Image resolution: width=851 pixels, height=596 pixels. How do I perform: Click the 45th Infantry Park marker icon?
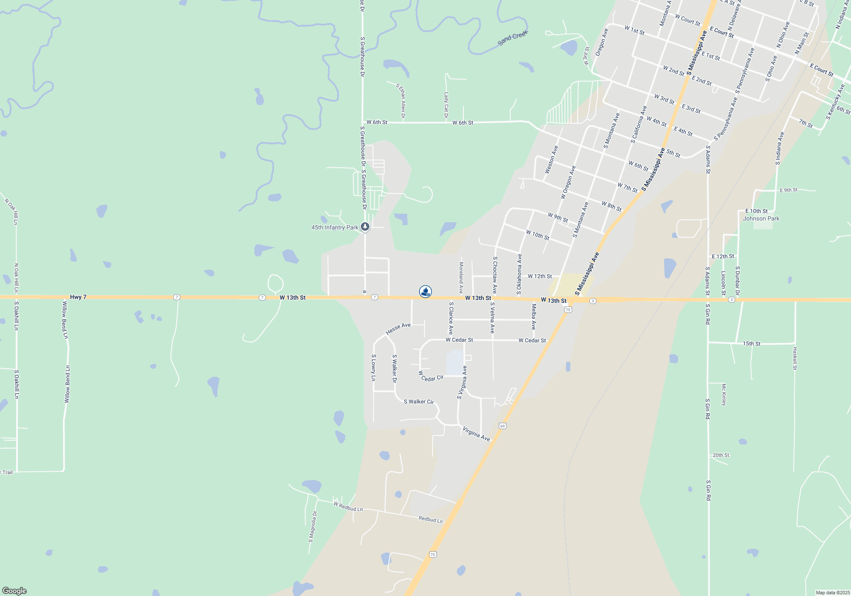pos(365,227)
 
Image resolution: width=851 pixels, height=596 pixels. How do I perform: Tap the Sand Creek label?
pos(513,38)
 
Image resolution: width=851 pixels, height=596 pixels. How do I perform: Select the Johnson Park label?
pos(761,218)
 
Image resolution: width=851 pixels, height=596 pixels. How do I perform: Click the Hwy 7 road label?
pos(78,297)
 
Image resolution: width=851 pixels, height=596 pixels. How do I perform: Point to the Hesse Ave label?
pos(398,328)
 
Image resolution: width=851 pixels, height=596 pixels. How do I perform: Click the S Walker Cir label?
pos(419,401)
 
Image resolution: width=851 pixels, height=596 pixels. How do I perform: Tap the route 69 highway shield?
pos(503,426)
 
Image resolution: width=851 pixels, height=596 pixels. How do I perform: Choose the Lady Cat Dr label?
pos(446,105)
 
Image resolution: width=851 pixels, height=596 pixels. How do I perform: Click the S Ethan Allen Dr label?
pos(401,100)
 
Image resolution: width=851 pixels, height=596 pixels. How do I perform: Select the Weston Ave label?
pos(551,160)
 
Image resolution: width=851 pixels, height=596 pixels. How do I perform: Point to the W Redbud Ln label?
pos(348,506)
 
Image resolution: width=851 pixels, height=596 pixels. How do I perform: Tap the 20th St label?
pos(721,455)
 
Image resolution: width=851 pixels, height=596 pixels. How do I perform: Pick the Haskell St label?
pos(795,358)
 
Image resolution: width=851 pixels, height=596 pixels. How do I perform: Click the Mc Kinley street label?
pos(724,395)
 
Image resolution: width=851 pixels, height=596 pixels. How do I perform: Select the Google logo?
pos(14,591)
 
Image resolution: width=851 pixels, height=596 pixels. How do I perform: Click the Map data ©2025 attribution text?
pos(832,593)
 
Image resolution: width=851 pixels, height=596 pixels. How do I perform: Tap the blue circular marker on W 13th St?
pos(425,291)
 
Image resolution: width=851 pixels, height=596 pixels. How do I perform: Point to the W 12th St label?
pos(540,276)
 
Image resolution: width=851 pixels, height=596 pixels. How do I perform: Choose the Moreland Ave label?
pos(461,278)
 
